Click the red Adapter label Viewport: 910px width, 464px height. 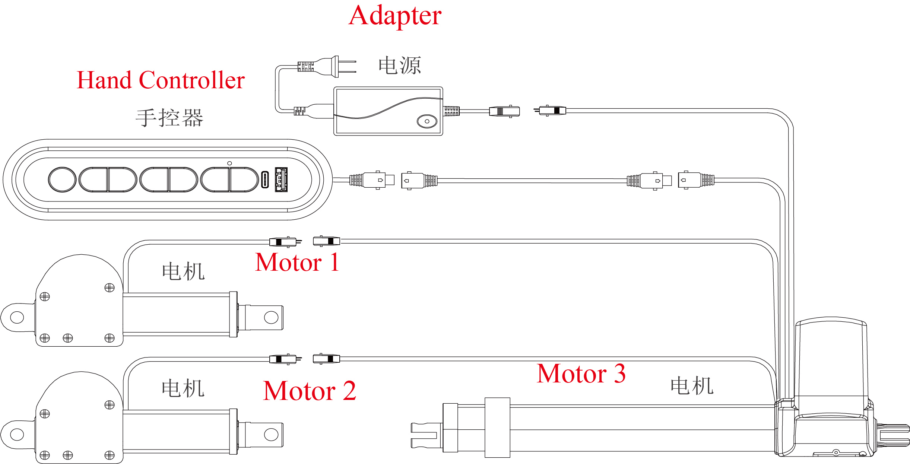pyautogui.click(x=395, y=16)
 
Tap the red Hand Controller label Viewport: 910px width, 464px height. pyautogui.click(x=161, y=80)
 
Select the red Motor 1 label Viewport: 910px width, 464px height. pyautogui.click(x=297, y=263)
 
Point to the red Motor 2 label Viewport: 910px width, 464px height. pyautogui.click(x=309, y=391)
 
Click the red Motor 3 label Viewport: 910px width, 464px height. pyautogui.click(x=581, y=374)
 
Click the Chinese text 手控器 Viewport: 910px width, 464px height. pyautogui.click(x=169, y=118)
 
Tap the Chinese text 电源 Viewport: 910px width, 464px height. pyautogui.click(x=400, y=66)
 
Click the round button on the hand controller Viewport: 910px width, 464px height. pyautogui.click(x=62, y=179)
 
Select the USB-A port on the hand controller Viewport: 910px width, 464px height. pyautogui.click(x=281, y=179)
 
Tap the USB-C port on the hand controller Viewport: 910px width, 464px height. pyautogui.click(x=264, y=179)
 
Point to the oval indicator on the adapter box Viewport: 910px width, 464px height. pyautogui.click(x=427, y=121)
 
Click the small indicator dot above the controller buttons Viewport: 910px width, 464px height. pyautogui.click(x=229, y=163)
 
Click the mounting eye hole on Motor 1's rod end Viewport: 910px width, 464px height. pyautogui.click(x=271, y=317)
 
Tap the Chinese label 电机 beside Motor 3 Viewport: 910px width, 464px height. pyautogui.click(x=692, y=386)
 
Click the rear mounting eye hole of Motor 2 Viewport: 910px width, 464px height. pyautogui.click(x=17, y=434)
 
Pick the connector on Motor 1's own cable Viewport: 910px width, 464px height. pyautogui.click(x=283, y=242)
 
